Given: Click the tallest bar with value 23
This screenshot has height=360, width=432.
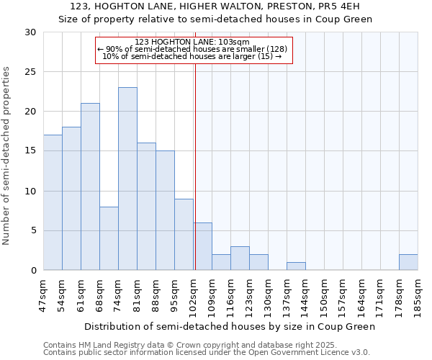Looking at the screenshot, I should point(127,179).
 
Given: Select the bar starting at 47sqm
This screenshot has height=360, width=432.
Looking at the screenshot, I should point(53,202).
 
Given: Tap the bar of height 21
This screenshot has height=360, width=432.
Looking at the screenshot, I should point(90,186).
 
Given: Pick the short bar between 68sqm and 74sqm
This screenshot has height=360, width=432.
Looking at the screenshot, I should point(109,238).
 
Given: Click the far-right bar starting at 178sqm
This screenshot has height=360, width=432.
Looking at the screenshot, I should point(408,262).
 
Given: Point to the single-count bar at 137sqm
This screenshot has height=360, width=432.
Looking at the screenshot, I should point(296,266).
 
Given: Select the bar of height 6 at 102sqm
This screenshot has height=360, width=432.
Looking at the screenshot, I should point(202,246).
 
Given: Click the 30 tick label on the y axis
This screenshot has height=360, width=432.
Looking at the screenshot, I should point(30,32).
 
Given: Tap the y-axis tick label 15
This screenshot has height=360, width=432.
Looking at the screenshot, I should point(30,151).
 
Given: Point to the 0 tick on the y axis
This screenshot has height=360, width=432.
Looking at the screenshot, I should point(32,271).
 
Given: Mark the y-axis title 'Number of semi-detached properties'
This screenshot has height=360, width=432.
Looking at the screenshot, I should point(7,156).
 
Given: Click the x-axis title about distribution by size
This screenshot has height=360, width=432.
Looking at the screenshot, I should point(230,326).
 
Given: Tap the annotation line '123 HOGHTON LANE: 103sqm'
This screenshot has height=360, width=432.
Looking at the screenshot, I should point(192,42).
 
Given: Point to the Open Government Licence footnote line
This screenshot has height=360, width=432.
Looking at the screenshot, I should point(207,353).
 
